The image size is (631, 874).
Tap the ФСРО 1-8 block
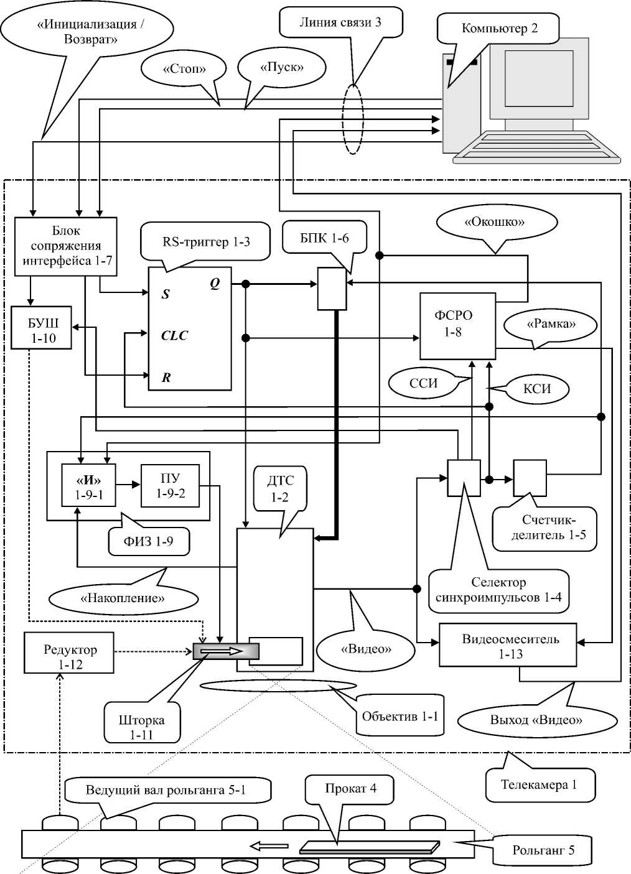(x=457, y=326)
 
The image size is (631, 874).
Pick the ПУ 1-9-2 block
(x=170, y=486)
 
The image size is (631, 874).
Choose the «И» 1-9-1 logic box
(x=88, y=486)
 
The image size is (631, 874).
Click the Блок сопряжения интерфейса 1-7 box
(x=66, y=246)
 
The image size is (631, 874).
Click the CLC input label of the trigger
(x=174, y=336)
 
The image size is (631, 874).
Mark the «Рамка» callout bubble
(x=551, y=324)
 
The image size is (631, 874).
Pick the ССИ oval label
(x=423, y=383)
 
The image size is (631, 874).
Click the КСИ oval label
(x=537, y=389)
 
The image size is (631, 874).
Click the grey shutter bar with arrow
(x=226, y=651)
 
